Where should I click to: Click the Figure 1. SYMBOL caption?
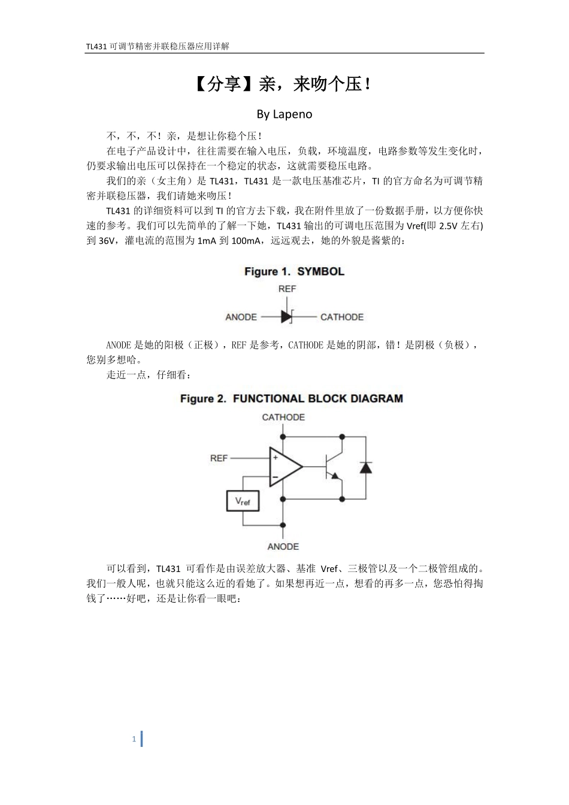point(294,272)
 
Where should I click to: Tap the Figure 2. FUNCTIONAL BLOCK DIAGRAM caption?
point(292,399)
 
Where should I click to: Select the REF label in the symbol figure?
point(287,289)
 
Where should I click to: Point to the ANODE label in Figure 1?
point(241,317)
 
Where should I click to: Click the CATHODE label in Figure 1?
point(341,317)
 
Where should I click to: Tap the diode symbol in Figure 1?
point(286,316)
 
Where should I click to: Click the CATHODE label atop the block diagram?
point(283,417)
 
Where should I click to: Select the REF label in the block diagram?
point(219,458)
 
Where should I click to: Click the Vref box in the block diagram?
point(243,501)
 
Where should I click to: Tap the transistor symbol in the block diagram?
point(332,467)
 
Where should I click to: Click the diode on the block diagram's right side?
point(365,467)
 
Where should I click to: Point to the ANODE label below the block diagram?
point(283,546)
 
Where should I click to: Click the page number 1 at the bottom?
point(134,739)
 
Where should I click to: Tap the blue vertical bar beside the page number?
point(141,739)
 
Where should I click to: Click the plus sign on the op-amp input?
point(276,458)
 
